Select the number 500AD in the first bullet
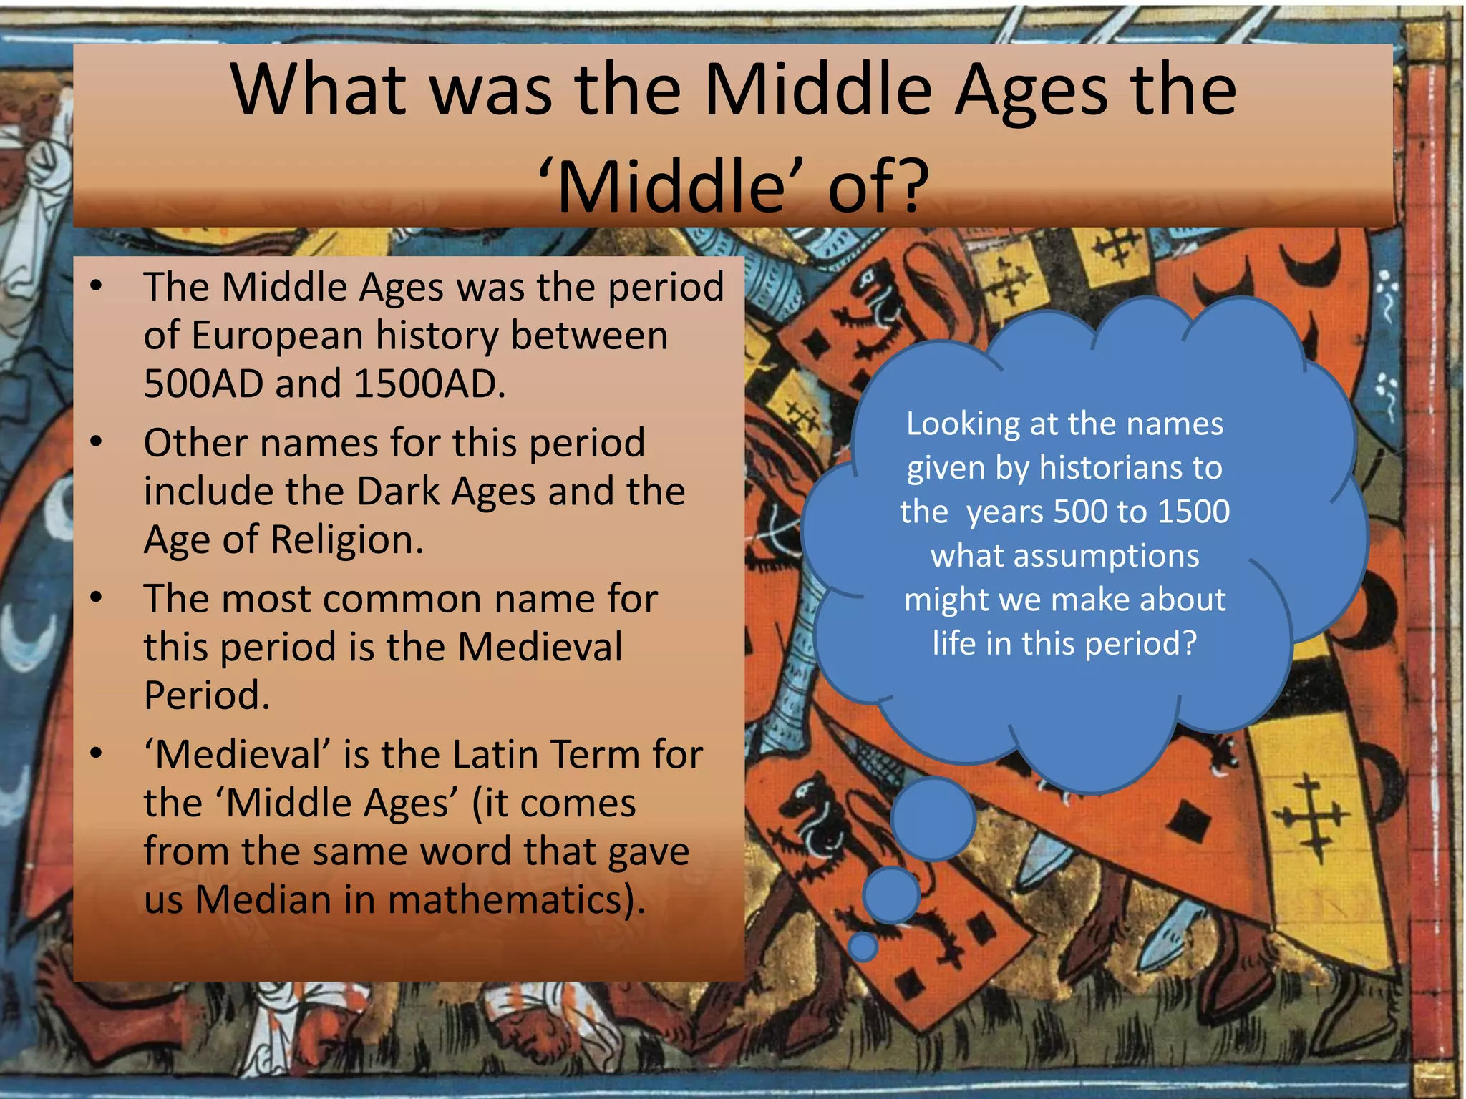click(x=203, y=384)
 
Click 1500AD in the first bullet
click(x=429, y=384)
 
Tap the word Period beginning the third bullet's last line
click(x=207, y=695)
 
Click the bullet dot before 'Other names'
click(x=97, y=441)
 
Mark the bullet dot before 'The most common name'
click(x=97, y=597)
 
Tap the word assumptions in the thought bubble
click(x=1064, y=556)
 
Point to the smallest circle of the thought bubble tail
click(x=863, y=946)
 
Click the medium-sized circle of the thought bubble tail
click(x=891, y=895)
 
